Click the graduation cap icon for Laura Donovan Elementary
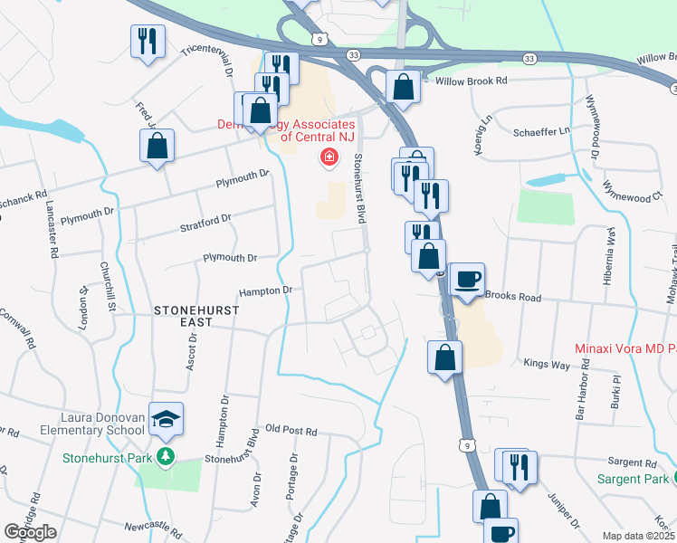pos(167,418)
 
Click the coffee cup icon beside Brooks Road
pos(467,280)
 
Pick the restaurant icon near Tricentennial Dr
pos(147,41)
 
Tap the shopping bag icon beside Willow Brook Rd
pos(403,88)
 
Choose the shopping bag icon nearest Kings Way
pos(444,357)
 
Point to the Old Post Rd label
pos(291,432)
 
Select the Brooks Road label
pos(512,297)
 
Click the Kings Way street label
pos(545,363)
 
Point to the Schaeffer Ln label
pos(542,131)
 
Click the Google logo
pos(30,532)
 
